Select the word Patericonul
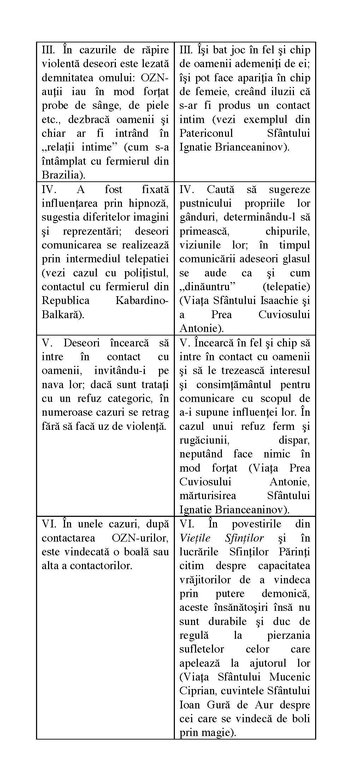click(206, 133)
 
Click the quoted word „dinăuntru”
click(205, 287)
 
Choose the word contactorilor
click(101, 566)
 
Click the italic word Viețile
click(195, 538)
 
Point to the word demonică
click(286, 594)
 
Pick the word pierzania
click(288, 635)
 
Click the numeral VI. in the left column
click(49, 524)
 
